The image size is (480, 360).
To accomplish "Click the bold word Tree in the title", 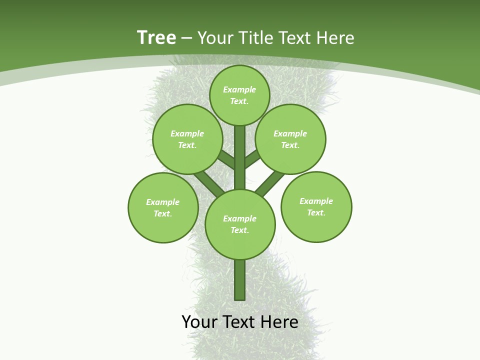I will point(156,38).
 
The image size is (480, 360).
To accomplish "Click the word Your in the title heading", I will point(214,38).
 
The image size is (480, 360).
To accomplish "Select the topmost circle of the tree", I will point(239,95).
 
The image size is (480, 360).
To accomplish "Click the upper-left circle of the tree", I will point(187,139).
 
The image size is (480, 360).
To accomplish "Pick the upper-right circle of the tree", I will point(290,139).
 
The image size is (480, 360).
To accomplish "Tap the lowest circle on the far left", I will point(163,207).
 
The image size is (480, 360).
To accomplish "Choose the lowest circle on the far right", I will point(316,206).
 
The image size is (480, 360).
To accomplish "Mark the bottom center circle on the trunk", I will point(240,224).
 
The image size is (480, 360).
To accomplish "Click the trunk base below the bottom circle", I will point(240,280).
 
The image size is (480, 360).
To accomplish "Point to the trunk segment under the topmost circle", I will point(240,150).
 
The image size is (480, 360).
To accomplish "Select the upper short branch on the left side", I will point(226,159).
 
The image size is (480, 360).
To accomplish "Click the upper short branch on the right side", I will point(252,158).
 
